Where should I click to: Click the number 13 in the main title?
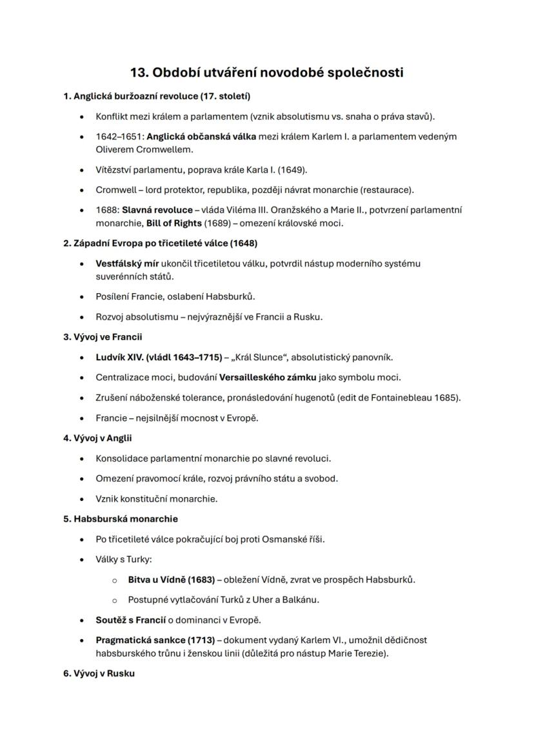click(139, 72)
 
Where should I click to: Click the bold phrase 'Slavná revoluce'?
click(157, 210)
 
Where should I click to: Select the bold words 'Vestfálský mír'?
click(127, 263)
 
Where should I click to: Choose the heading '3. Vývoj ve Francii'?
click(103, 337)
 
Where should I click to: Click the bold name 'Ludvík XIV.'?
click(120, 357)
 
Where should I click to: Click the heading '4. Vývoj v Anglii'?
click(97, 438)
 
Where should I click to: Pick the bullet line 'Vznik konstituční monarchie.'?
click(157, 498)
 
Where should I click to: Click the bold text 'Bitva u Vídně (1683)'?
click(172, 579)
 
